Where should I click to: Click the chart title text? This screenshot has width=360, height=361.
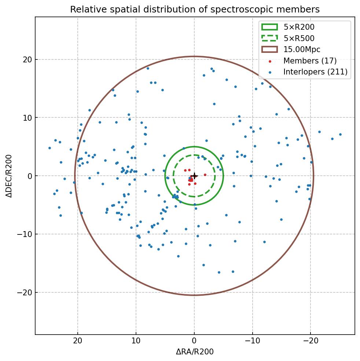pyautogui.click(x=195, y=9)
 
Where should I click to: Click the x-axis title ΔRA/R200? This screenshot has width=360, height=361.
pyautogui.click(x=195, y=352)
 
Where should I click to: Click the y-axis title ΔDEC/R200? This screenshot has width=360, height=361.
pyautogui.click(x=9, y=176)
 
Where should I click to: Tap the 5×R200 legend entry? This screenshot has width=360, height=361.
pyautogui.click(x=299, y=27)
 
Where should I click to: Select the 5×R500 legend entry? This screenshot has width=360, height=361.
pyautogui.click(x=299, y=38)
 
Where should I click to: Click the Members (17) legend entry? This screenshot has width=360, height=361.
pyautogui.click(x=310, y=61)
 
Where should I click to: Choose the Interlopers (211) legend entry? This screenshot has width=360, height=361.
pyautogui.click(x=315, y=72)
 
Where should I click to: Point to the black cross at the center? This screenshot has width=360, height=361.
pyautogui.click(x=194, y=176)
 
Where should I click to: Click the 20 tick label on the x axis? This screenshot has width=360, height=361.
pyautogui.click(x=78, y=340)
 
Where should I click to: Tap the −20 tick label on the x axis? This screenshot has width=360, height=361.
pyautogui.click(x=311, y=340)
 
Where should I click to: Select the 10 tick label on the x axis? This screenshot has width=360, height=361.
pyautogui.click(x=136, y=340)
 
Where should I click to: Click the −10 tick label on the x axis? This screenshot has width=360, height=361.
pyautogui.click(x=252, y=340)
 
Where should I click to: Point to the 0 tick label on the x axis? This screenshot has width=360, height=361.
pyautogui.click(x=194, y=340)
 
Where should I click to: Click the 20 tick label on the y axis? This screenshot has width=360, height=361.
pyautogui.click(x=27, y=59)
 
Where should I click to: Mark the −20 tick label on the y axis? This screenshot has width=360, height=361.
pyautogui.click(x=25, y=292)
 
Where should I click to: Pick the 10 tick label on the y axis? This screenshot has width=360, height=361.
pyautogui.click(x=27, y=118)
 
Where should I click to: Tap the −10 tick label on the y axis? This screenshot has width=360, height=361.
pyautogui.click(x=25, y=234)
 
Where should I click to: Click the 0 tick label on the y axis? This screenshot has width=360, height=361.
pyautogui.click(x=29, y=176)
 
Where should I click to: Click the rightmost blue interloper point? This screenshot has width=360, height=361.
pyautogui.click(x=340, y=134)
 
